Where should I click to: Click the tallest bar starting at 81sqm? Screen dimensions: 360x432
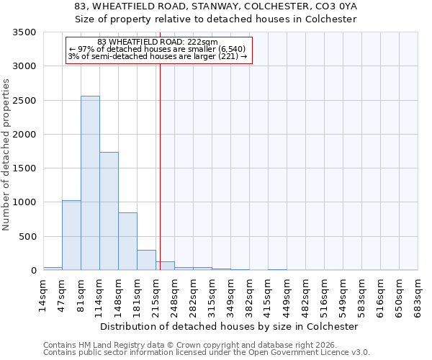point(90,183)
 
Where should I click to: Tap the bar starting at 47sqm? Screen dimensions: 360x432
point(71,235)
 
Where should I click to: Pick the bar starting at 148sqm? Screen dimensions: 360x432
point(127,241)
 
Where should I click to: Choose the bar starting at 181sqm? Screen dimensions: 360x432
point(146,260)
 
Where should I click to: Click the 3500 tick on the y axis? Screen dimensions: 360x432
point(25,33)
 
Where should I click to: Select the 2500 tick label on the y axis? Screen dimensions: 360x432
point(25,101)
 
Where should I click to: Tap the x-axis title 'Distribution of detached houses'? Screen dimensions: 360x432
point(229,326)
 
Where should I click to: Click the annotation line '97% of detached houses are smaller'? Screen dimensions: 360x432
point(158,49)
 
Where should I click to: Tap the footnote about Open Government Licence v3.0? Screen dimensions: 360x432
point(207,353)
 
